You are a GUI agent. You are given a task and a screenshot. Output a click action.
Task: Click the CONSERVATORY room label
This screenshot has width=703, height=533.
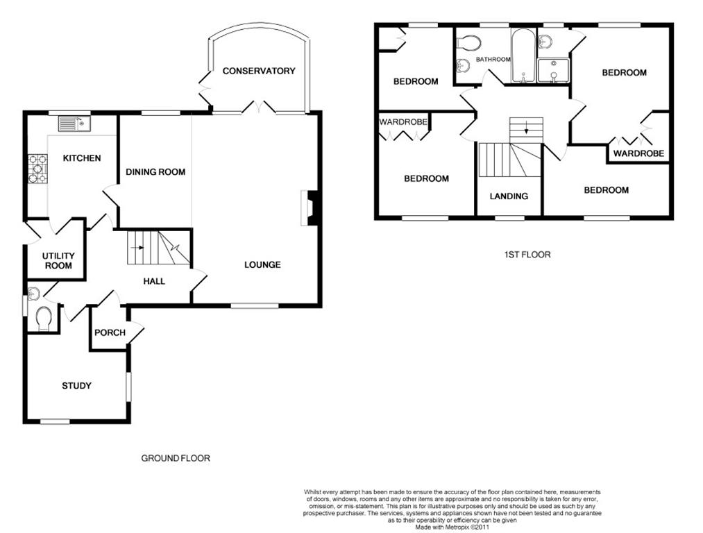pyautogui.click(x=259, y=71)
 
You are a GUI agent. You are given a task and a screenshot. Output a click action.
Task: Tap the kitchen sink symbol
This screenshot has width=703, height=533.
pyautogui.click(x=74, y=124)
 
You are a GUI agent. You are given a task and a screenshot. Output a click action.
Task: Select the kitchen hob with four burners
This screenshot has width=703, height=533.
pyautogui.click(x=37, y=169)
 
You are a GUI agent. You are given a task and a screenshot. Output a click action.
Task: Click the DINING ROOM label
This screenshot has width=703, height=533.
pyautogui.click(x=155, y=171)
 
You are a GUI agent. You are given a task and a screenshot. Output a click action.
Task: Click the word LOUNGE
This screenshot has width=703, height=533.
pyautogui.click(x=262, y=264)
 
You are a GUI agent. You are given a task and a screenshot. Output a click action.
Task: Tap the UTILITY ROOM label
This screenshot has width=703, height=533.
pyautogui.click(x=58, y=260)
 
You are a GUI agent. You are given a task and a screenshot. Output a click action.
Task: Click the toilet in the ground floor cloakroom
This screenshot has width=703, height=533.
pyautogui.click(x=44, y=318)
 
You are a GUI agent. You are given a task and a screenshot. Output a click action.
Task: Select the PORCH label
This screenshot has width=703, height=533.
pyautogui.click(x=110, y=332)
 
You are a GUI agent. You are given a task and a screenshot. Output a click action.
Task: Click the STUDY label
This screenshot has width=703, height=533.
pyautogui.click(x=76, y=385)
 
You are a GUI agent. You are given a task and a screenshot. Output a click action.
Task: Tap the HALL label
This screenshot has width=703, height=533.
pyautogui.click(x=154, y=281)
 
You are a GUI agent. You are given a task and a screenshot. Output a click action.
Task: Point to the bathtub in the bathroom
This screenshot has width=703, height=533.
pyautogui.click(x=523, y=56)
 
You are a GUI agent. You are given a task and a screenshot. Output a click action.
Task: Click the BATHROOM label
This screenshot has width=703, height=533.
pyautogui.click(x=493, y=59)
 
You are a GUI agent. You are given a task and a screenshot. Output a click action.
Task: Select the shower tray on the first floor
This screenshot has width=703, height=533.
pyautogui.click(x=553, y=71)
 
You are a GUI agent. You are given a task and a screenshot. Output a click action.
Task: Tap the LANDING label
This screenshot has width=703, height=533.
pyautogui.click(x=509, y=196)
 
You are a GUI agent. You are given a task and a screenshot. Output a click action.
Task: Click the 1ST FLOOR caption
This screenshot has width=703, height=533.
pyautogui.click(x=527, y=255)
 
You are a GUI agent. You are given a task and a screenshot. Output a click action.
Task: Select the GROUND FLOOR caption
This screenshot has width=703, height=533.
pyautogui.click(x=176, y=458)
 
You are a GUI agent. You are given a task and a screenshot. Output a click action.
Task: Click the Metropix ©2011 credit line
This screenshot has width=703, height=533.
pyautogui.click(x=452, y=527)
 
